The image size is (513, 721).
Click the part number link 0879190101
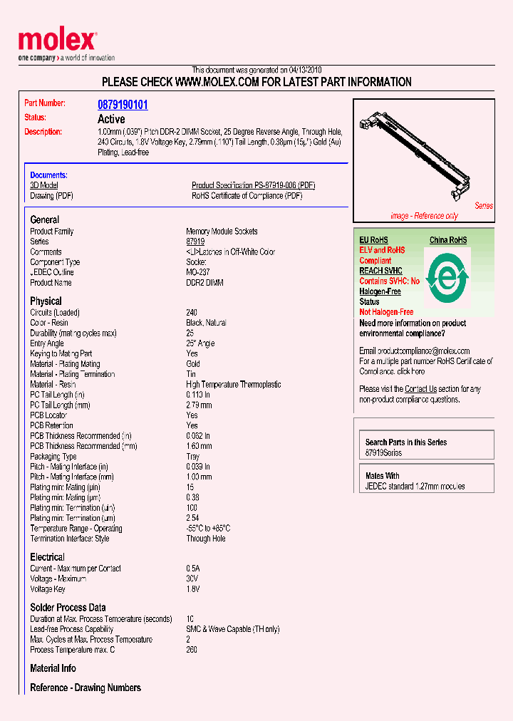click(x=123, y=105)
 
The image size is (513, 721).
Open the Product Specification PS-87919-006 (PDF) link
click(x=253, y=185)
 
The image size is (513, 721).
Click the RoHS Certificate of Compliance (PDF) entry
click(x=247, y=196)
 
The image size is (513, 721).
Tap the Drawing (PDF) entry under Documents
click(x=51, y=196)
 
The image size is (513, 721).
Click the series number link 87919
click(x=195, y=242)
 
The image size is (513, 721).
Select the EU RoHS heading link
click(x=373, y=240)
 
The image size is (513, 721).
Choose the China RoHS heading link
click(x=448, y=240)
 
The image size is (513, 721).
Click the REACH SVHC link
click(x=380, y=271)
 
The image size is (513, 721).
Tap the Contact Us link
click(x=420, y=389)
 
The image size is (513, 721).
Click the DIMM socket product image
click(x=421, y=159)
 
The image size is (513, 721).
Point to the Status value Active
click(x=111, y=119)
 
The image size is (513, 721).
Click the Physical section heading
click(x=46, y=301)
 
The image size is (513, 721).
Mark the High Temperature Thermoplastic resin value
click(x=233, y=385)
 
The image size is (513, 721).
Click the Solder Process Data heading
click(x=68, y=608)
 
